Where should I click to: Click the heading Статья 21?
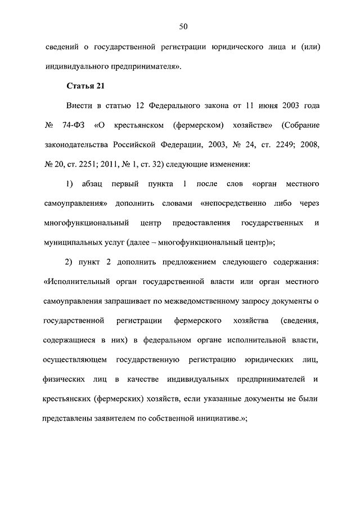coord(85,86)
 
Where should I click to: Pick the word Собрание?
coord(301,125)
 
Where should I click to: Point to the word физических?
coord(63,380)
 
